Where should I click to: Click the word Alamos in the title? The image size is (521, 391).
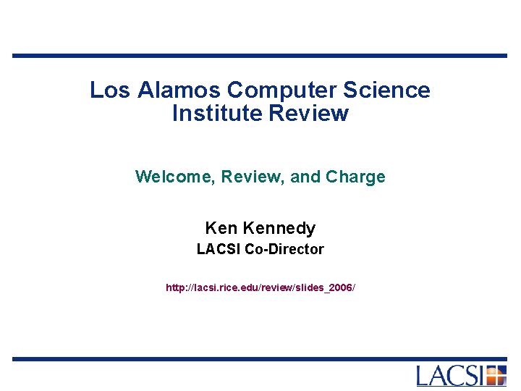[181, 91]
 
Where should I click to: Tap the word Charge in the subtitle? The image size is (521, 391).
[355, 177]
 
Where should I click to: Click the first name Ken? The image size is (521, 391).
[221, 229]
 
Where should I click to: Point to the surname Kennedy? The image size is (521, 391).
[279, 229]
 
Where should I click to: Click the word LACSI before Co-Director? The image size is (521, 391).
[219, 250]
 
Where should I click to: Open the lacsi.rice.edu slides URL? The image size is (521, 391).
[260, 288]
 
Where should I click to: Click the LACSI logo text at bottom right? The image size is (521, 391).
[450, 376]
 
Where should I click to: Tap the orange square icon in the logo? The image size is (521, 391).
[496, 376]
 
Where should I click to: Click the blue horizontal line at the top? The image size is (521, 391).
[260, 56]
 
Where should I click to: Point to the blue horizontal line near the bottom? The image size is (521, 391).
[260, 358]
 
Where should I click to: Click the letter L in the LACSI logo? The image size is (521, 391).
[425, 376]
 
